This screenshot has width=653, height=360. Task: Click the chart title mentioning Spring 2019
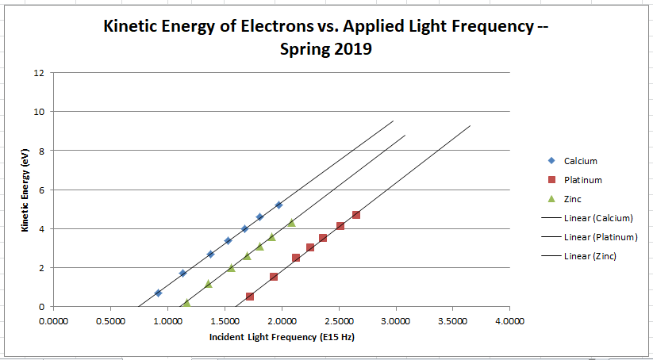(326, 37)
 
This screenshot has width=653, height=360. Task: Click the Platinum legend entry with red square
(582, 180)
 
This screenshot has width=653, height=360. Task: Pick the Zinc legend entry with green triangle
(577, 200)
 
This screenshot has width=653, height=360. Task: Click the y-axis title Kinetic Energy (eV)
(25, 190)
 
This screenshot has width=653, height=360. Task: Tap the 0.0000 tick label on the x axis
(53, 321)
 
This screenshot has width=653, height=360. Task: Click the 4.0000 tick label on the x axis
(509, 321)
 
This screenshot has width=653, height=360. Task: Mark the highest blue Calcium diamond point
(278, 205)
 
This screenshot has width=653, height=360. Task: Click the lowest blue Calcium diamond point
(158, 293)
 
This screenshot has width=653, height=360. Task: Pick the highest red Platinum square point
(356, 215)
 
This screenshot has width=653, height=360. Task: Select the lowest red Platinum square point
(250, 297)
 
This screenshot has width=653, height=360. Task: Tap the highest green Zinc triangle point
(291, 223)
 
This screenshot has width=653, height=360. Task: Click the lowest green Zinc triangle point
(186, 303)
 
